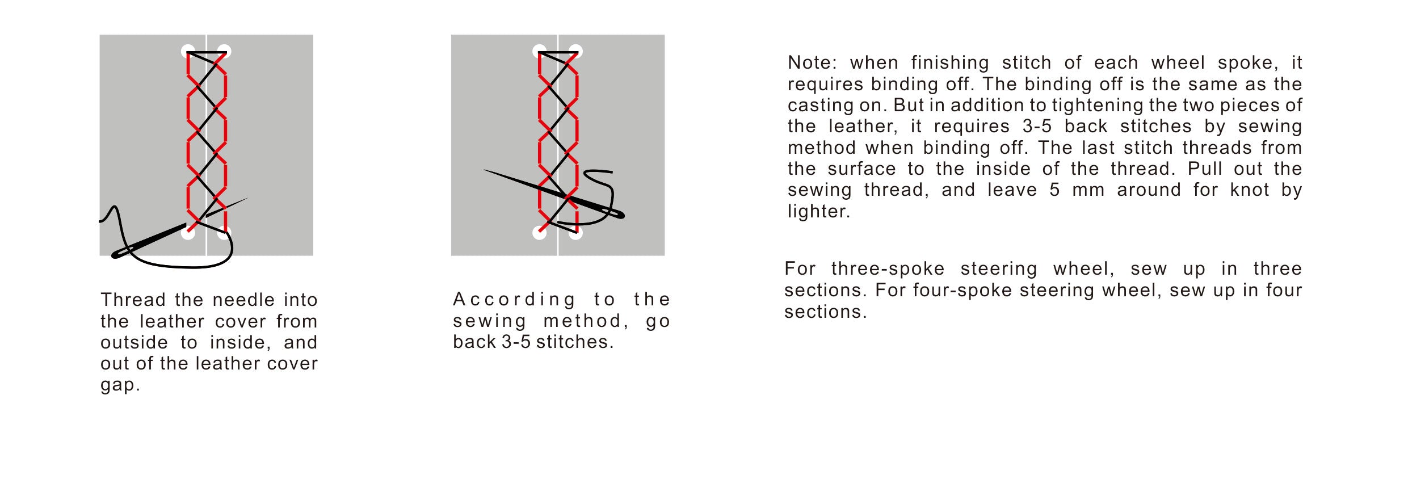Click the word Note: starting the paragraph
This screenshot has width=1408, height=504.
[x=812, y=62]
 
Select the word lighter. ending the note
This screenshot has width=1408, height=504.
[x=818, y=211]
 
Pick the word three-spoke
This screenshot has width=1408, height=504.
[x=888, y=269]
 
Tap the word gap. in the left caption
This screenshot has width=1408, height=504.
[x=120, y=385]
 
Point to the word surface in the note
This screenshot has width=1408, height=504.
[x=861, y=169]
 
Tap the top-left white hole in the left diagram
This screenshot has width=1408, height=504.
[x=188, y=51]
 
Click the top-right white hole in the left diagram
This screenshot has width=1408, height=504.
[x=224, y=51]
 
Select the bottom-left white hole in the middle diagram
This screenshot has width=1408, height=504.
[x=540, y=232]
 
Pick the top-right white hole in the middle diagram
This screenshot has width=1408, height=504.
[x=576, y=51]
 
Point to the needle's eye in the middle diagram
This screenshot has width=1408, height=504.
[x=614, y=214]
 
